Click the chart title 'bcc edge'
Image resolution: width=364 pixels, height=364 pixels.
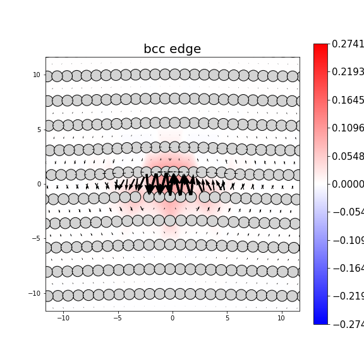coord(172,49)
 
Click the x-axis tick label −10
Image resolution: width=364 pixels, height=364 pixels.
coord(63,318)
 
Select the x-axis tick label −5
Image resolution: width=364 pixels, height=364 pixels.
coord(118,318)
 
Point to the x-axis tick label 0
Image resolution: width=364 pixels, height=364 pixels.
coord(172,318)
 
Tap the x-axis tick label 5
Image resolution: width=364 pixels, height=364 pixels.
coord(227,318)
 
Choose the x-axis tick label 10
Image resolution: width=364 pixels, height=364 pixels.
coord(281,318)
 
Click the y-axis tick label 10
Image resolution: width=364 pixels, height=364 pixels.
coord(37,75)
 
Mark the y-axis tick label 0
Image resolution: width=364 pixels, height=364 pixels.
coord(39,184)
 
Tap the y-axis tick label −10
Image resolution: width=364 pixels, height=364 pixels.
coord(35,293)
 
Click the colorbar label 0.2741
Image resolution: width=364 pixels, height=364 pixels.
coord(348,44)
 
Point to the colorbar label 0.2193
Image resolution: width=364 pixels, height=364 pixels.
coord(348,72)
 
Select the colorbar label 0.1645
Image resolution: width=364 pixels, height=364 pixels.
coord(348,100)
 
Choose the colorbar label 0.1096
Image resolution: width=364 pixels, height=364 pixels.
coord(348,128)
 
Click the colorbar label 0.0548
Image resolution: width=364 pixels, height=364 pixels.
coord(348,156)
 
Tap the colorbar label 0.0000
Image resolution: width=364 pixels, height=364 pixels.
coord(348,184)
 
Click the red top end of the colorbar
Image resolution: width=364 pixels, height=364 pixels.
coord(320,47)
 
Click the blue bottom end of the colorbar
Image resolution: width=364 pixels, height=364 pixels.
coord(320,322)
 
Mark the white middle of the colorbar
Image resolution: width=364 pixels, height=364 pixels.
coord(320,184)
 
